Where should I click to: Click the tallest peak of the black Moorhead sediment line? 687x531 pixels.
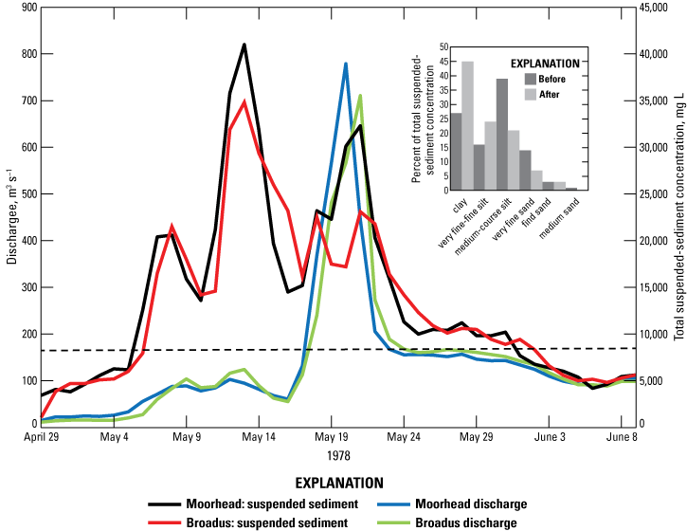click(244, 45)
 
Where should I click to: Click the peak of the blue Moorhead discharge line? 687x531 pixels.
click(346, 64)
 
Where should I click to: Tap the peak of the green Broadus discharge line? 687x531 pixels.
click(360, 95)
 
